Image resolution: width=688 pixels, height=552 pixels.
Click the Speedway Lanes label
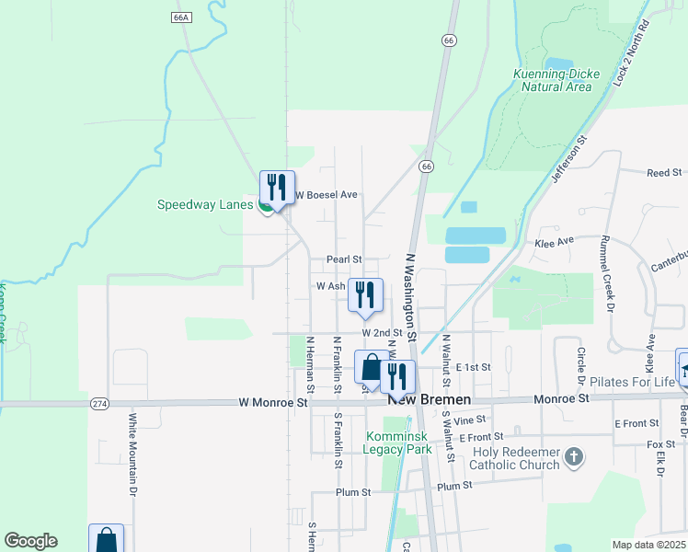pyautogui.click(x=204, y=204)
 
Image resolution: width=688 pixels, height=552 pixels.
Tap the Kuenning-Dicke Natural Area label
pyautogui.click(x=556, y=79)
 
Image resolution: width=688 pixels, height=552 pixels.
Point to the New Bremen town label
pyautogui.click(x=430, y=400)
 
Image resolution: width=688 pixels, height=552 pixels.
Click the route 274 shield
pyautogui.click(x=100, y=403)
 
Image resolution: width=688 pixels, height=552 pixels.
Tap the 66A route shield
pyautogui.click(x=180, y=17)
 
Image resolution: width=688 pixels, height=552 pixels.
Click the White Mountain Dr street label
pyautogui.click(x=133, y=466)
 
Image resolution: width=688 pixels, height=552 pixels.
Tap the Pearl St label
pyautogui.click(x=345, y=259)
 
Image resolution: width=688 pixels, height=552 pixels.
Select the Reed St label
pyautogui.click(x=663, y=172)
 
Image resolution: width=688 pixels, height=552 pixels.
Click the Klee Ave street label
pyautogui.click(x=554, y=241)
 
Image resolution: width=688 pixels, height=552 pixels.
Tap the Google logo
pyautogui.click(x=30, y=541)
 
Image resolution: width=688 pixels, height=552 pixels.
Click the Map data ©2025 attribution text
pyautogui.click(x=648, y=545)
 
